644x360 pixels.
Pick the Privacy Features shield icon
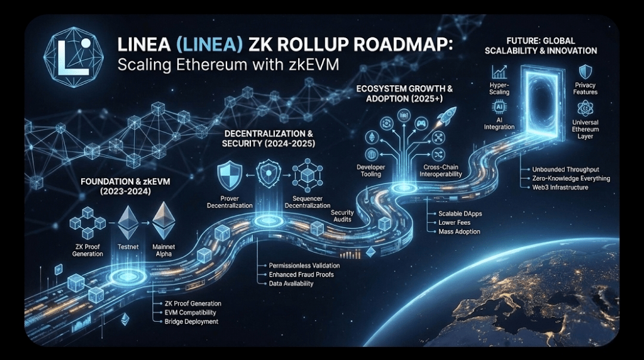[x=586, y=72]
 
